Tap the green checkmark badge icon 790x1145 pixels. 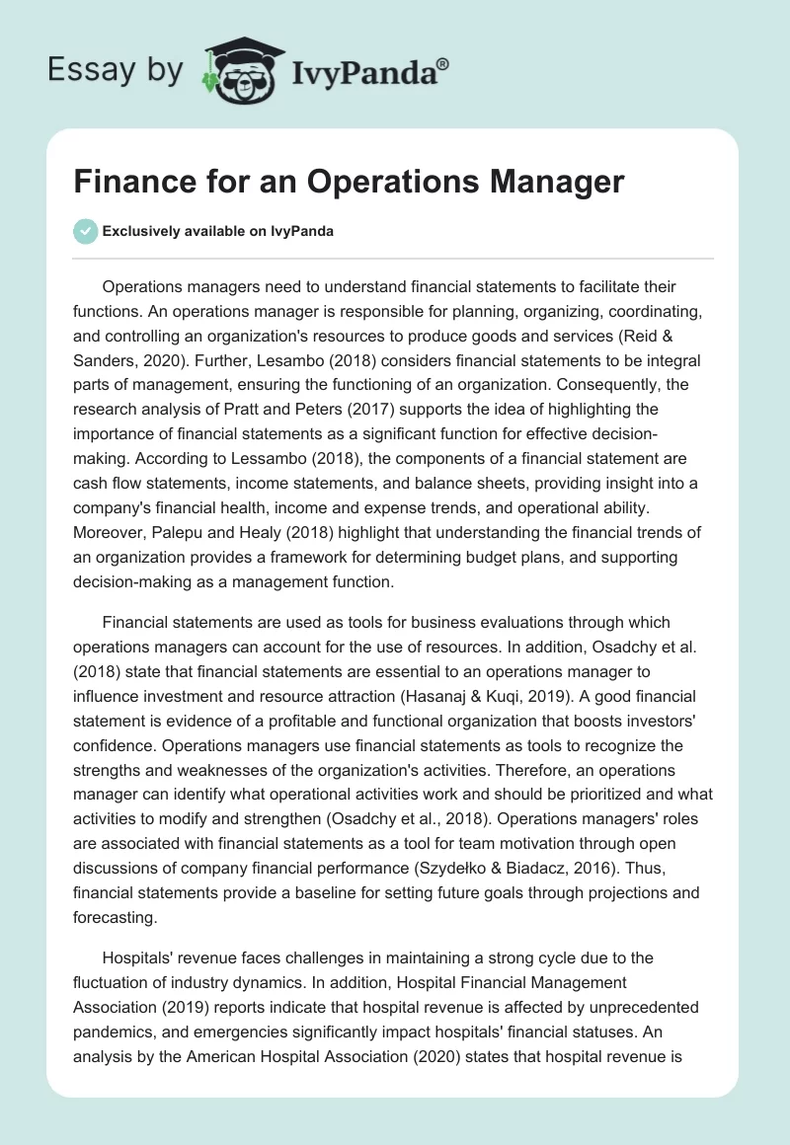click(x=85, y=231)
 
